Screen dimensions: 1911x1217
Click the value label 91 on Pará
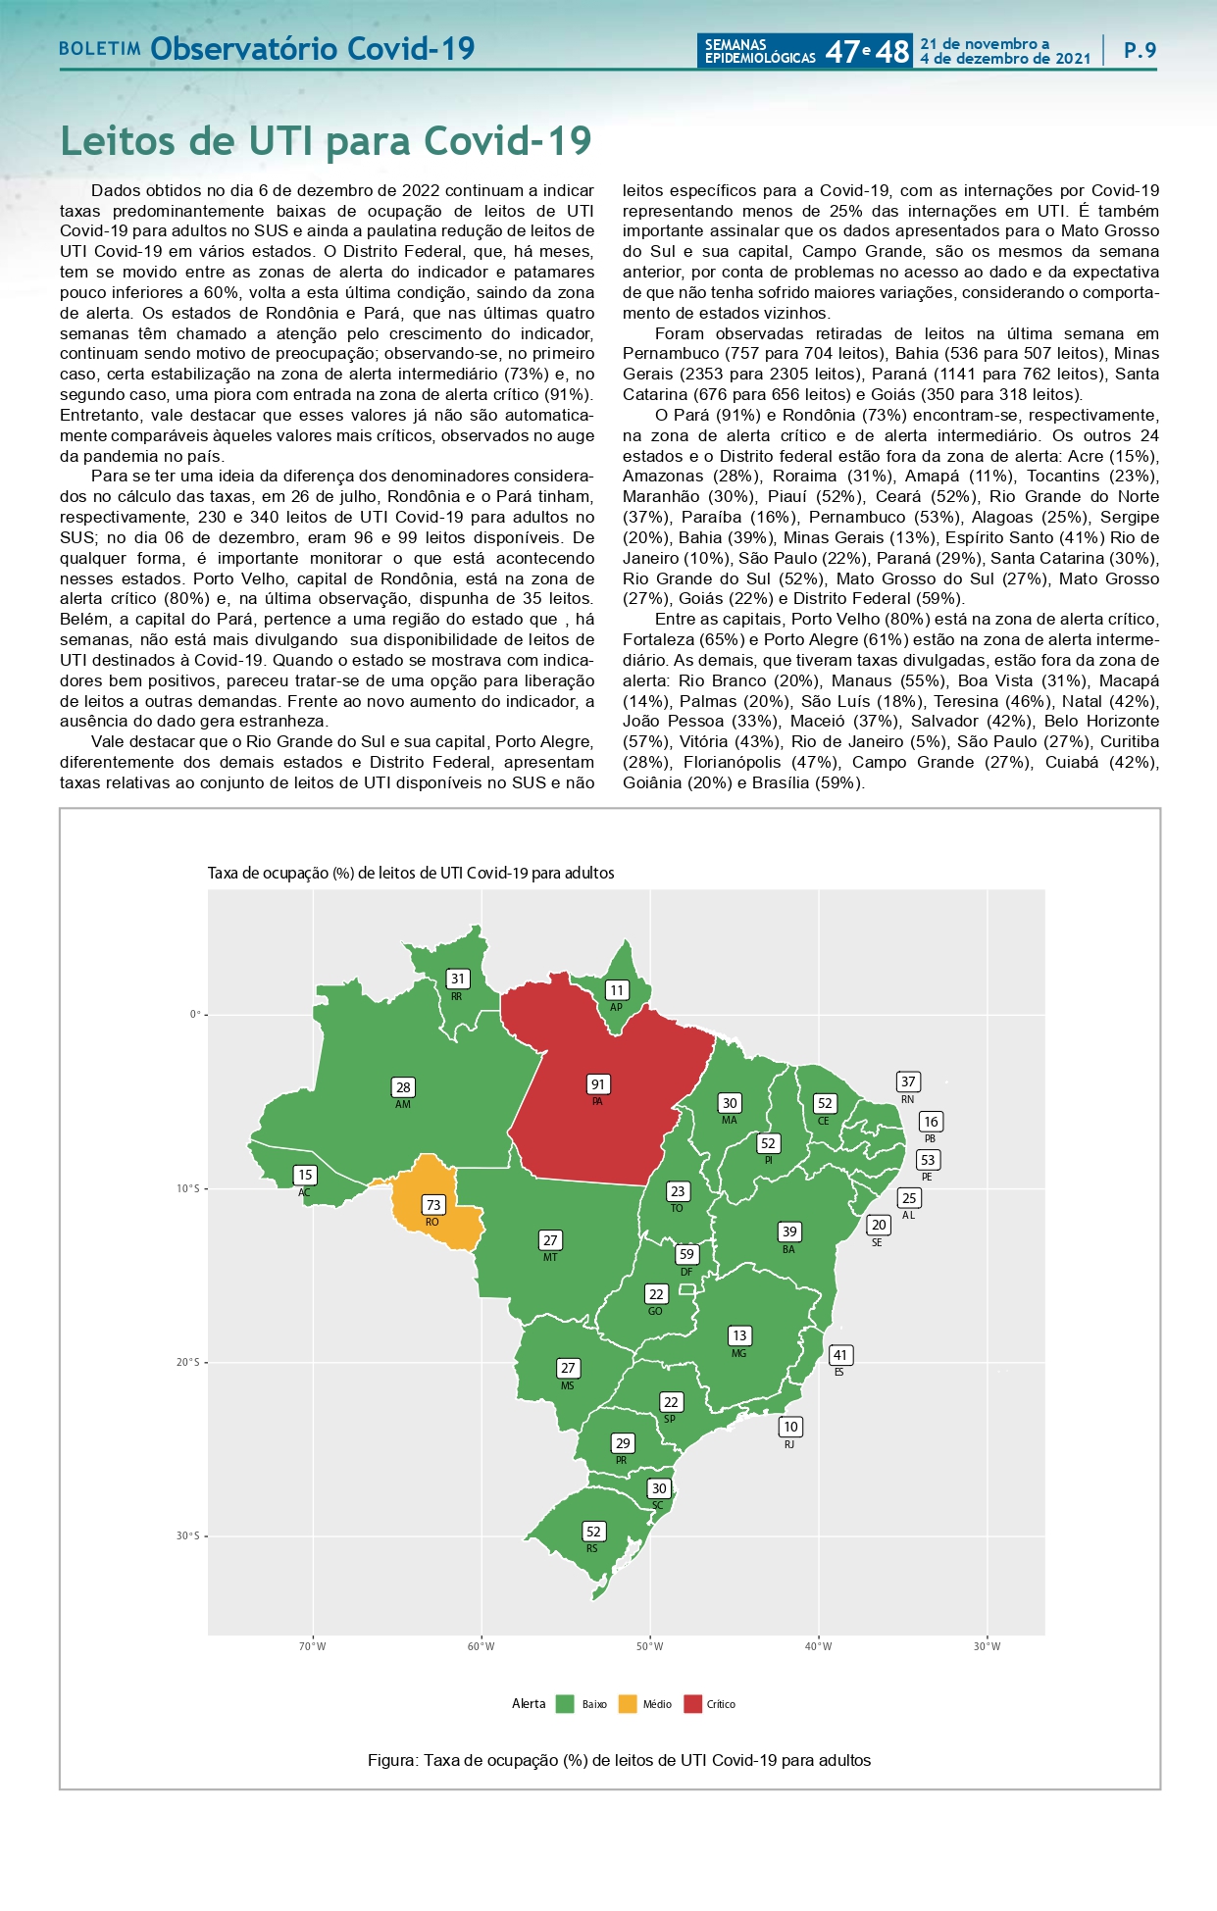point(597,1083)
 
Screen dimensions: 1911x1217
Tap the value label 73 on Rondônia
point(432,1204)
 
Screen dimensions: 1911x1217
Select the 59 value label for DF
point(686,1254)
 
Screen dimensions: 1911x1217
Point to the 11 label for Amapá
point(616,990)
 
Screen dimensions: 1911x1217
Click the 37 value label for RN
point(908,1081)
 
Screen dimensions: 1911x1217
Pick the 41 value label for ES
point(839,1355)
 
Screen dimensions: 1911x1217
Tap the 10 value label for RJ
point(790,1427)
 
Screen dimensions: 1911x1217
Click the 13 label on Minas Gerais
point(739,1335)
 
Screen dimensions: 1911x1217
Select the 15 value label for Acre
point(305,1175)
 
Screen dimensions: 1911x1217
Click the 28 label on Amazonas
point(403,1087)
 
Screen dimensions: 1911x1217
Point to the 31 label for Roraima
point(457,979)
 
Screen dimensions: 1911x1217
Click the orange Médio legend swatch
point(628,1704)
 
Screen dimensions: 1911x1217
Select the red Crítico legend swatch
point(692,1704)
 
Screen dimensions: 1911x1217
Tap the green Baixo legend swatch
point(565,1704)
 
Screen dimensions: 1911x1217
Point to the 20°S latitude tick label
point(188,1363)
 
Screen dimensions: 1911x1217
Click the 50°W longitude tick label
point(649,1646)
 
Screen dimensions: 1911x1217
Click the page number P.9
point(1140,50)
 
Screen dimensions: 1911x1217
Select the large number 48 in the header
point(892,51)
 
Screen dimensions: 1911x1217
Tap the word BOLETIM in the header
point(100,49)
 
